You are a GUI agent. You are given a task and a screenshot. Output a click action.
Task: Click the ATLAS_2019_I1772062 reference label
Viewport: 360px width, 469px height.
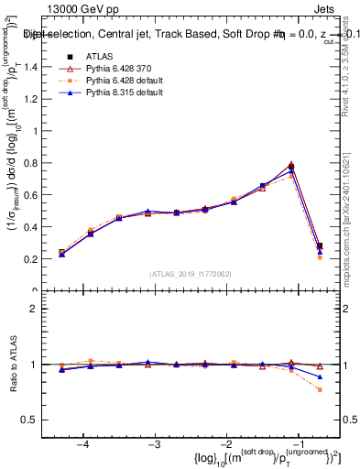(191, 274)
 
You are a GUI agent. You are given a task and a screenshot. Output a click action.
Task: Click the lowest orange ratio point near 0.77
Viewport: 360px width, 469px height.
(320, 389)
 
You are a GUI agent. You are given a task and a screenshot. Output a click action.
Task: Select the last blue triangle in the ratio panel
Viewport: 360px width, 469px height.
(320, 376)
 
